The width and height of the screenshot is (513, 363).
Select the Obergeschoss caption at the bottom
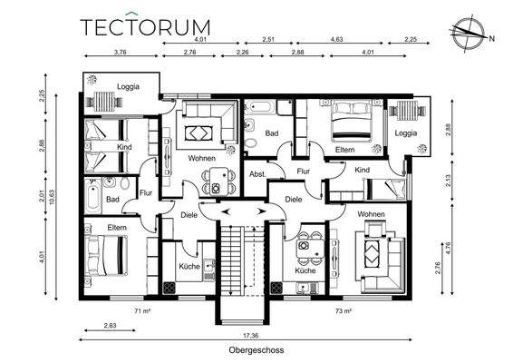tap(256, 350)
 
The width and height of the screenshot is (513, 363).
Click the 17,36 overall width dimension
tap(251, 336)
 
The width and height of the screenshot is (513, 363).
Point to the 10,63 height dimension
tap(52, 197)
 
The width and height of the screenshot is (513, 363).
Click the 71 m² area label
tap(142, 310)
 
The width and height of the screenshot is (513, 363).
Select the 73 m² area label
tap(344, 310)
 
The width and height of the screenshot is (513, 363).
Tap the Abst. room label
tap(257, 174)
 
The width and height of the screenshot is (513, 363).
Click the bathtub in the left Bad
tap(93, 197)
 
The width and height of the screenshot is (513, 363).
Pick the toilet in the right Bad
tap(251, 143)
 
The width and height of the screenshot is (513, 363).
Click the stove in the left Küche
tap(169, 288)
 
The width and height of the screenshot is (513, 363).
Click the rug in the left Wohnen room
tap(196, 133)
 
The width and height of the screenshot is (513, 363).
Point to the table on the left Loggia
tap(104, 102)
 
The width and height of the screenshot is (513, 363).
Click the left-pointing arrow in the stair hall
tap(226, 211)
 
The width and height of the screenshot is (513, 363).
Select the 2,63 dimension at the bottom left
tap(110, 326)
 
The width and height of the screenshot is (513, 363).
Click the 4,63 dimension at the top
tap(336, 39)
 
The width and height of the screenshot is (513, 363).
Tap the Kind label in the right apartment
tap(363, 170)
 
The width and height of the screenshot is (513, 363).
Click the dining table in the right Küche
tap(307, 249)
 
